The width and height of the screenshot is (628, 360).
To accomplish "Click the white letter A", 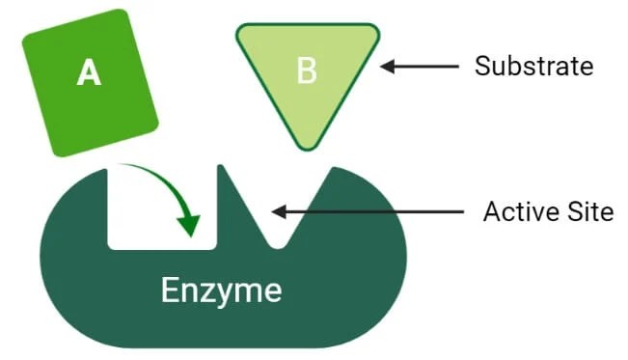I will coord(89,73).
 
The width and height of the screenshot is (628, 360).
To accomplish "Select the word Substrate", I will coord(533,67).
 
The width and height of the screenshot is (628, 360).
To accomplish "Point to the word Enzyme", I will coord(221,290).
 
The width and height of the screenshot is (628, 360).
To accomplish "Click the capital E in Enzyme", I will coord(171,290).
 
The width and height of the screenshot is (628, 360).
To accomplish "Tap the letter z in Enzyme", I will coord(212,292).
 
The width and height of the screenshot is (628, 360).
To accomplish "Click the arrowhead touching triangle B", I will coord(388,67).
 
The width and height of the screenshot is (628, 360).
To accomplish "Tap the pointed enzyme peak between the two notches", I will coord(222,168).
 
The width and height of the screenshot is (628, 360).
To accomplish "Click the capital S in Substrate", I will coord(482,67).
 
